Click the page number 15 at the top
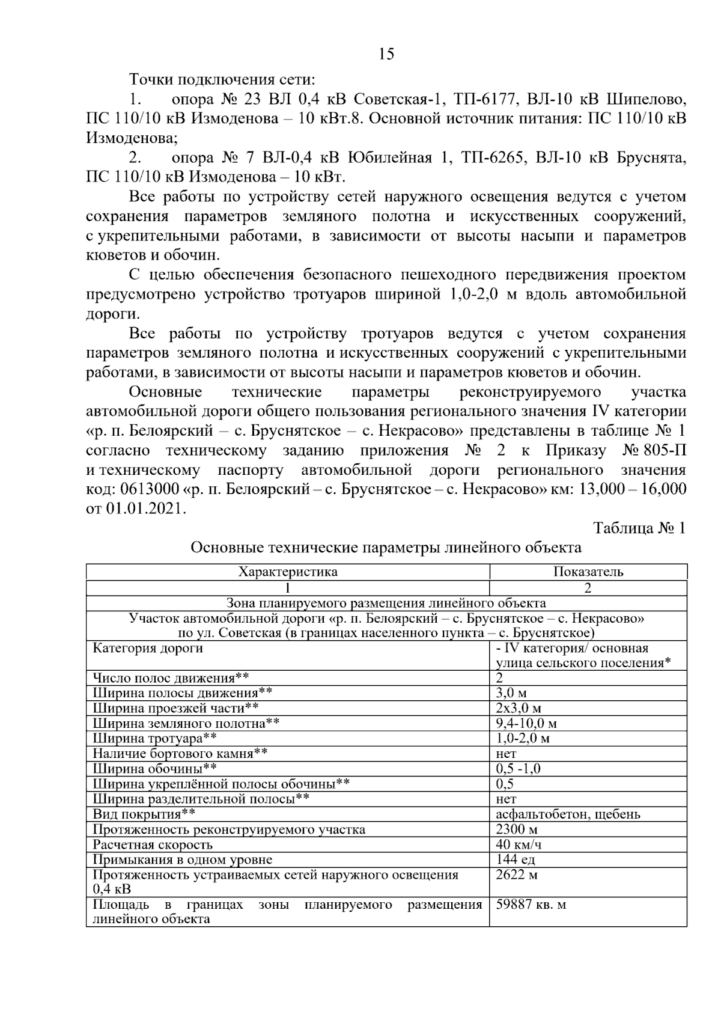[x=386, y=55]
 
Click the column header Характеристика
[x=288, y=572]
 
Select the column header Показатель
[x=588, y=572]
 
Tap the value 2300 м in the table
[x=517, y=829]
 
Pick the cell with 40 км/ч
[x=519, y=844]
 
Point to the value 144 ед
[x=516, y=860]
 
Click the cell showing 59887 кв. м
[x=531, y=905]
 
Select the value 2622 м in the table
[x=517, y=875]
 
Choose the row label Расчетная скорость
[x=153, y=844]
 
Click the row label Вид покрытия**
[x=144, y=814]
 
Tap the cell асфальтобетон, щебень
[x=568, y=814]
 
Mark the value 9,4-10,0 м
[x=526, y=723]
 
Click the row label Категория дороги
[x=148, y=649]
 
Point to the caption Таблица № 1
[x=639, y=528]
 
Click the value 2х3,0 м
[x=519, y=708]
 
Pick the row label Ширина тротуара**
[x=154, y=738]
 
